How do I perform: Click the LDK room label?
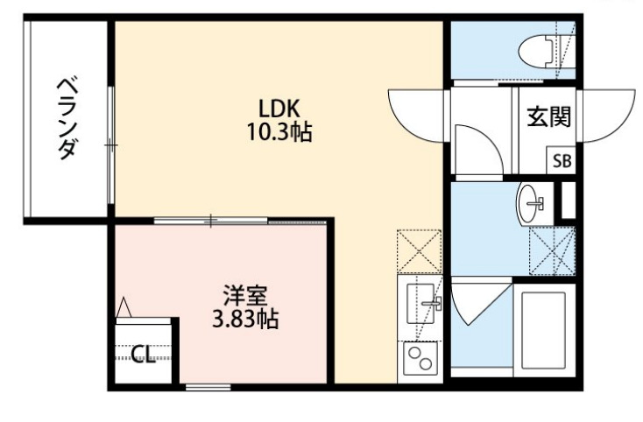279,109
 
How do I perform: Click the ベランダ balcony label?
67,118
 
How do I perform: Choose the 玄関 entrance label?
548,117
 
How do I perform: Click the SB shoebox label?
561,161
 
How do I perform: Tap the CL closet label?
143,355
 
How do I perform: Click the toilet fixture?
541,51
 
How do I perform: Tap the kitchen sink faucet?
429,304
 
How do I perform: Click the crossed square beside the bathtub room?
552,250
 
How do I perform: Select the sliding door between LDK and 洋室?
210,220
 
